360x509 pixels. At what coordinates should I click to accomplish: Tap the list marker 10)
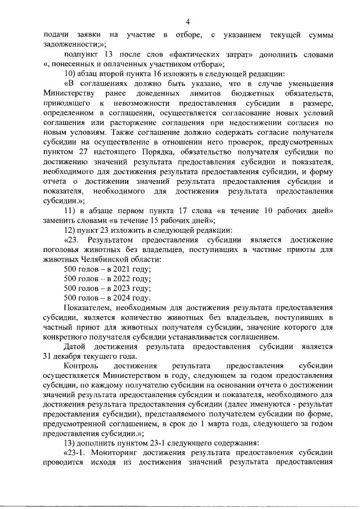[x=71, y=73]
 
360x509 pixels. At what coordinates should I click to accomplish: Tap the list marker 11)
[x=71, y=210]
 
